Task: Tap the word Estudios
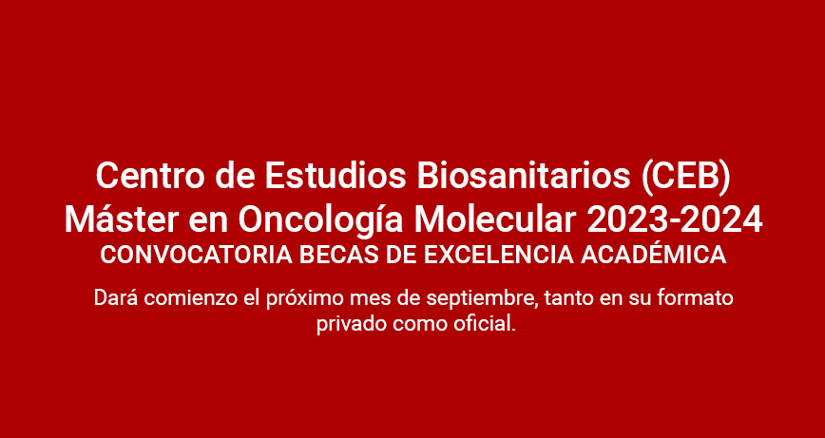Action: (x=336, y=176)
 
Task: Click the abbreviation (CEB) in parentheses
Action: (x=686, y=177)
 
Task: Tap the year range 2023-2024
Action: (x=675, y=219)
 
